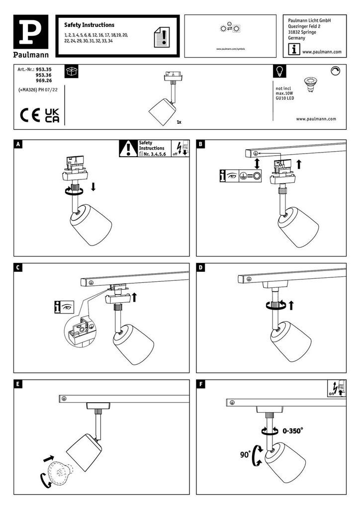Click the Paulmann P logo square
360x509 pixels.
click(34, 31)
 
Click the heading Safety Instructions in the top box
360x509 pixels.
click(90, 25)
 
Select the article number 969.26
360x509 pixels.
click(45, 80)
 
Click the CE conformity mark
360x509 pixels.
click(30, 115)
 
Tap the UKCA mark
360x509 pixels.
click(52, 115)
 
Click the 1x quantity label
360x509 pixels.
click(179, 121)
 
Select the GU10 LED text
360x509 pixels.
click(285, 98)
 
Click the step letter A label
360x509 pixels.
click(18, 145)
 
